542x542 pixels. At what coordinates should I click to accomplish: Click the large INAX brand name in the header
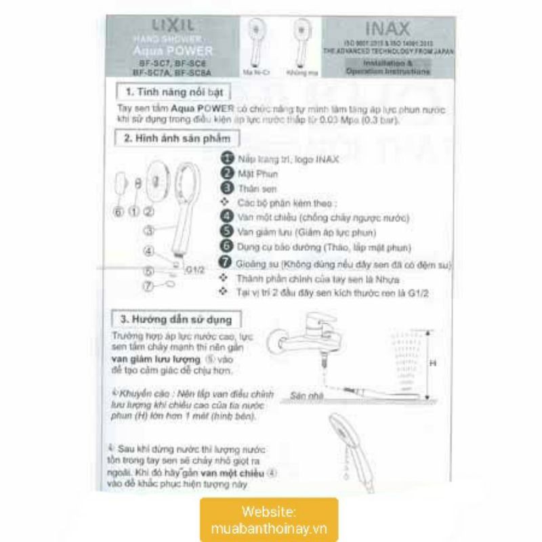pos(388,30)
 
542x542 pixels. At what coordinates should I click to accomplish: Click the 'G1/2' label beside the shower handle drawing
pos(195,270)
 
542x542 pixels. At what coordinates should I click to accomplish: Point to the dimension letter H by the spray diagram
pos(433,363)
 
